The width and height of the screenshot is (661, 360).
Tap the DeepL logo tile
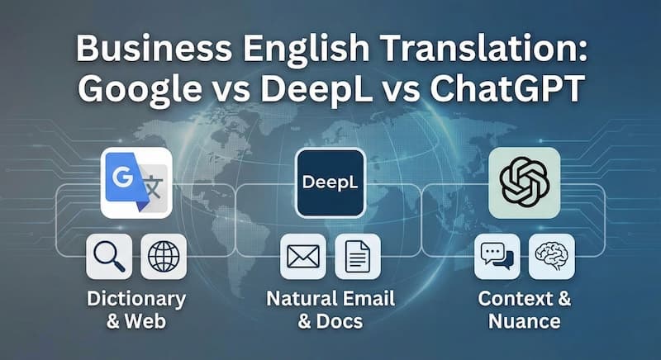pos(330,182)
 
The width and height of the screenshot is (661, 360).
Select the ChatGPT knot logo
pos(524,182)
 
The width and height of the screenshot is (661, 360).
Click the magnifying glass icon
pos(108,257)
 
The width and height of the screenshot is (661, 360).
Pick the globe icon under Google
pos(163,257)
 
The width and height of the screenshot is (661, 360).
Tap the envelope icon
pos(302,257)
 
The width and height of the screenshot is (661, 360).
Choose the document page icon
pos(357,257)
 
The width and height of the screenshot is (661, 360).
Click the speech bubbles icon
pos(497,257)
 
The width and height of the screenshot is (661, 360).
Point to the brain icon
pos(551,257)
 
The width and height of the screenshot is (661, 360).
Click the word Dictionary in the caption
pos(136,297)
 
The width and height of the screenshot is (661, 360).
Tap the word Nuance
pos(524,320)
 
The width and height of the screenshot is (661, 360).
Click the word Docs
pos(340,320)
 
